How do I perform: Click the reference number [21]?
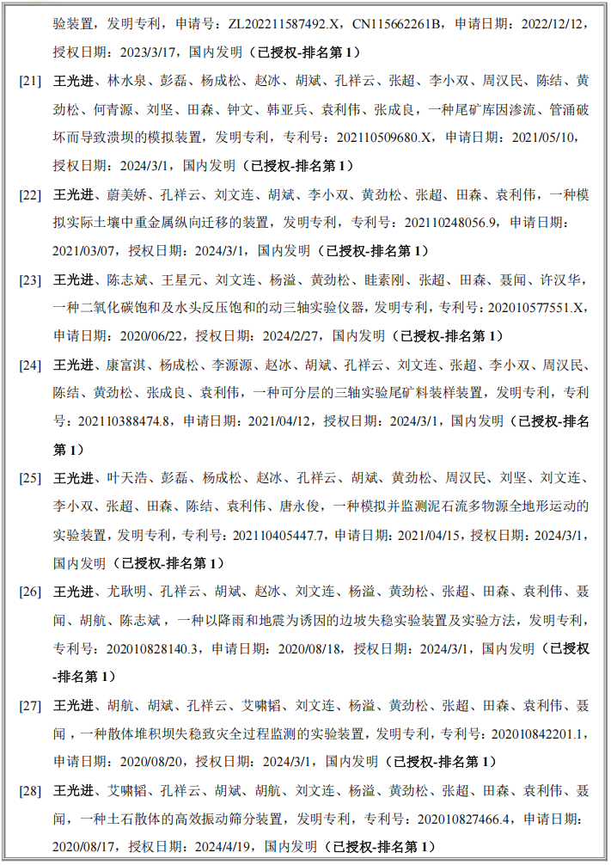30,81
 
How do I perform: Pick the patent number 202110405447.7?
274,535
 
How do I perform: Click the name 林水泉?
125,81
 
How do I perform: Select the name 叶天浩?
125,478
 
